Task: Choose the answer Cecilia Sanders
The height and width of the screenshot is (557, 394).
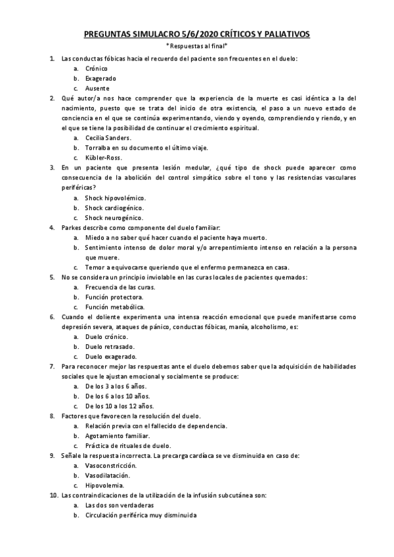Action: tap(108, 138)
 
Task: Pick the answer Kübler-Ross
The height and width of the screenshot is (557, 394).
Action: tap(103, 158)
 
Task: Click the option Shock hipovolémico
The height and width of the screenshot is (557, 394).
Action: tap(115, 198)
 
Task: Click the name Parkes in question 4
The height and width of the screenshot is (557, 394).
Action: tap(72, 227)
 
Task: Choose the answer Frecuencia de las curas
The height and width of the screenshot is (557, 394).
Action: tap(120, 287)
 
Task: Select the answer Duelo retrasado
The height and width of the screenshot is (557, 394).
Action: tap(110, 346)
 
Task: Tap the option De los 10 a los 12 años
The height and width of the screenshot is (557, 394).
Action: tap(119, 406)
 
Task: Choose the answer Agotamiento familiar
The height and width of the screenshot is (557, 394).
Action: tap(117, 435)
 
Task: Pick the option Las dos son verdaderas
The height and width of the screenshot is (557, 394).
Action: tap(119, 505)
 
